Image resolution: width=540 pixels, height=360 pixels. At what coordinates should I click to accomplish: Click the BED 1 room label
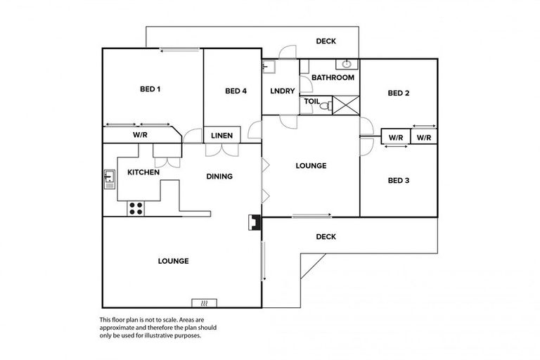150,89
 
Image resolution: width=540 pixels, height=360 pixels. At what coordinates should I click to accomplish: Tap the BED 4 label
236,91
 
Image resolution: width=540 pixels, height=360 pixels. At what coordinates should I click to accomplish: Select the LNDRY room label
282,91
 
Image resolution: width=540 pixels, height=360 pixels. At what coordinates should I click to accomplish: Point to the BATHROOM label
333,77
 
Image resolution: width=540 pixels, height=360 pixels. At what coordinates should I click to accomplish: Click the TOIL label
311,102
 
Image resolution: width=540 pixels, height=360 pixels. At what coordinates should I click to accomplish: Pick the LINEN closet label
222,135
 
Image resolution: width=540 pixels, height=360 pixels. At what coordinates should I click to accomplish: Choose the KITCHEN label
143,172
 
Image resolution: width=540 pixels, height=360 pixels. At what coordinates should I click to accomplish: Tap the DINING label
219,176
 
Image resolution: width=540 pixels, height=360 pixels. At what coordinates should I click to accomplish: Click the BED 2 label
399,93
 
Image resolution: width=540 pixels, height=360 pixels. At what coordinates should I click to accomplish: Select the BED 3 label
399,181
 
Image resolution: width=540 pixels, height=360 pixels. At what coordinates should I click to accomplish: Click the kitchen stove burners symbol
136,208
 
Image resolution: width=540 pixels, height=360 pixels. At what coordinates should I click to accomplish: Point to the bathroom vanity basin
347,65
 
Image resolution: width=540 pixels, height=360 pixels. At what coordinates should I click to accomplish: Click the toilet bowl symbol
325,105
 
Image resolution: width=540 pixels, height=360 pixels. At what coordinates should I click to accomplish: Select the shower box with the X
345,105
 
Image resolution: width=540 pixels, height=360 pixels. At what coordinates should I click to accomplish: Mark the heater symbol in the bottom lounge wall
204,303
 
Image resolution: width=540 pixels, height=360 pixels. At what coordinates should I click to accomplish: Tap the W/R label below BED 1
139,134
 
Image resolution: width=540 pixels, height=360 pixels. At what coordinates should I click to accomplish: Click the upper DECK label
326,41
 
